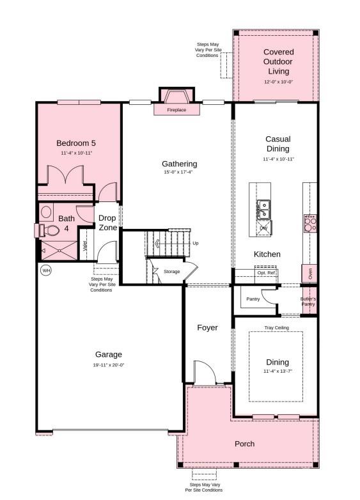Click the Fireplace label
click(176, 110)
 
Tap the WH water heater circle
click(46, 270)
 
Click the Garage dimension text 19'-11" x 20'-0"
click(109, 365)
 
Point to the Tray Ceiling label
click(276, 328)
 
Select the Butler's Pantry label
click(308, 301)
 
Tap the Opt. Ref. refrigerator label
click(267, 273)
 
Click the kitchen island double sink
click(263, 207)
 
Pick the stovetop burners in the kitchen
click(309, 223)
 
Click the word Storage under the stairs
click(171, 272)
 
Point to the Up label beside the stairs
click(196, 243)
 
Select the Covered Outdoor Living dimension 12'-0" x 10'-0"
click(278, 82)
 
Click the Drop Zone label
click(107, 223)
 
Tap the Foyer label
click(207, 327)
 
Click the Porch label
click(244, 444)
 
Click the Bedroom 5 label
click(75, 143)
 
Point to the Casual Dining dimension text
click(278, 159)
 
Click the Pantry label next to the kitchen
click(253, 299)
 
